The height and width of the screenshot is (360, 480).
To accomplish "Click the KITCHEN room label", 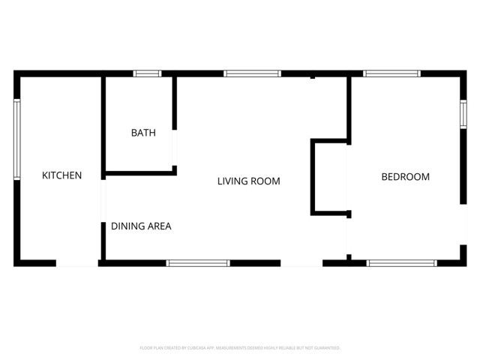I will click(61, 175).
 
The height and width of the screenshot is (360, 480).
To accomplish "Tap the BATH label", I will click(143, 133).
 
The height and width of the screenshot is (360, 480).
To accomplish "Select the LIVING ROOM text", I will click(248, 181).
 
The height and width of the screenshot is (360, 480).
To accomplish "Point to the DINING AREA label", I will click(142, 226).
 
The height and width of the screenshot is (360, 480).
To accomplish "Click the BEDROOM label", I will click(405, 177).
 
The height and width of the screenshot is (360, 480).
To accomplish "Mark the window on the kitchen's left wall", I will click(16, 140).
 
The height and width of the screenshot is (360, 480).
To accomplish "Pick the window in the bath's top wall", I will click(147, 73).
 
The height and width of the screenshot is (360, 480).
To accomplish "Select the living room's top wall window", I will click(252, 73).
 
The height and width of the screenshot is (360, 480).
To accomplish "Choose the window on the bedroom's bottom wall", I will click(401, 263).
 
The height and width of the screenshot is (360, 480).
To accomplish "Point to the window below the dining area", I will click(198, 263).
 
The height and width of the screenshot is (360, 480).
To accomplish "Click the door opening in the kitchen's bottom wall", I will click(76, 263).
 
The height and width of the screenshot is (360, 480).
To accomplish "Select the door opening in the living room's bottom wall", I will click(301, 263).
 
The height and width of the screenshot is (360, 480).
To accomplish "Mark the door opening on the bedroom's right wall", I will click(463, 225).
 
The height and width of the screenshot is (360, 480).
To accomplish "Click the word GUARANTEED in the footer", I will click(325, 348).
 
